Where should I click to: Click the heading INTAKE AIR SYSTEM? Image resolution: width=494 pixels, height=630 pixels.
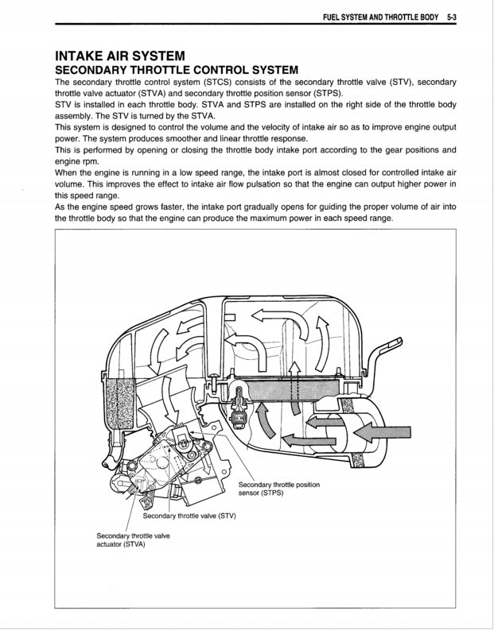(x=120, y=56)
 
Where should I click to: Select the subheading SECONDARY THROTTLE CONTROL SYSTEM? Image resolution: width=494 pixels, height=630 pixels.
(x=176, y=71)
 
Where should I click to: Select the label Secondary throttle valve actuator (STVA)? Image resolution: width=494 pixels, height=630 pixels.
(x=133, y=540)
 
